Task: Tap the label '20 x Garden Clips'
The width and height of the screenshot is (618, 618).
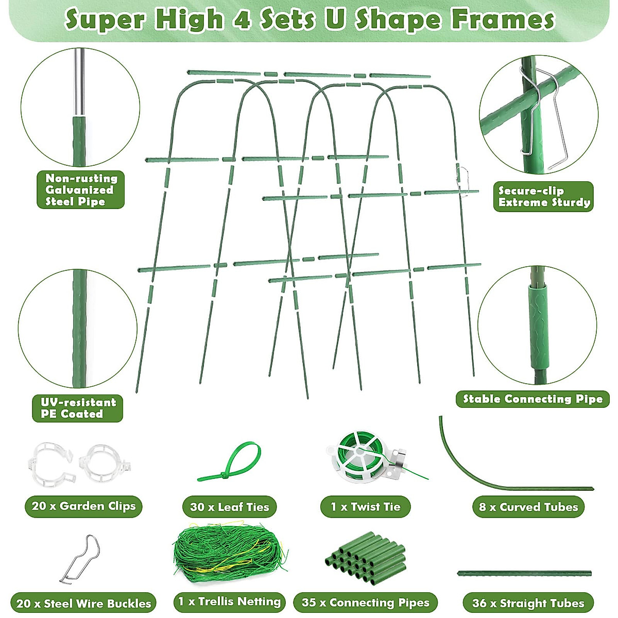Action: coord(83,506)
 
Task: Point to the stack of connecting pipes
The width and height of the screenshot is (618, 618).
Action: coord(366,559)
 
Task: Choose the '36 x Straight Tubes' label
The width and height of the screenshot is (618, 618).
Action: coord(528,603)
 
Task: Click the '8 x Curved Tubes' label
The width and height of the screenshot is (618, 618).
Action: coord(528,507)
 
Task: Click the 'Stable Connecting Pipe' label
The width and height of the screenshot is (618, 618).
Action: coord(533,399)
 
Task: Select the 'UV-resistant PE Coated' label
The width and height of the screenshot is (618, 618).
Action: coord(78,408)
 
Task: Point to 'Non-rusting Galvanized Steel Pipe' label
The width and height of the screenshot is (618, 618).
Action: coord(81,190)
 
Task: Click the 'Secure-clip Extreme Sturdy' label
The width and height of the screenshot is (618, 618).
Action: coord(543,197)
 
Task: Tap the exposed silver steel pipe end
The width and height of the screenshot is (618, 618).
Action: coord(79,82)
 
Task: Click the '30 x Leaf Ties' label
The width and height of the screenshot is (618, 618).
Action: coord(229,507)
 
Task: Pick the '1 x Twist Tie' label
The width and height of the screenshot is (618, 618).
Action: coord(365,507)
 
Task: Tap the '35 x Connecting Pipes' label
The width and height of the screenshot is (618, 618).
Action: coord(365,603)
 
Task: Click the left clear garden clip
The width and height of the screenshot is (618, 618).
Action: coord(49,462)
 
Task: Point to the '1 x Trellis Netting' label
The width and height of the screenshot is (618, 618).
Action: coord(229,602)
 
